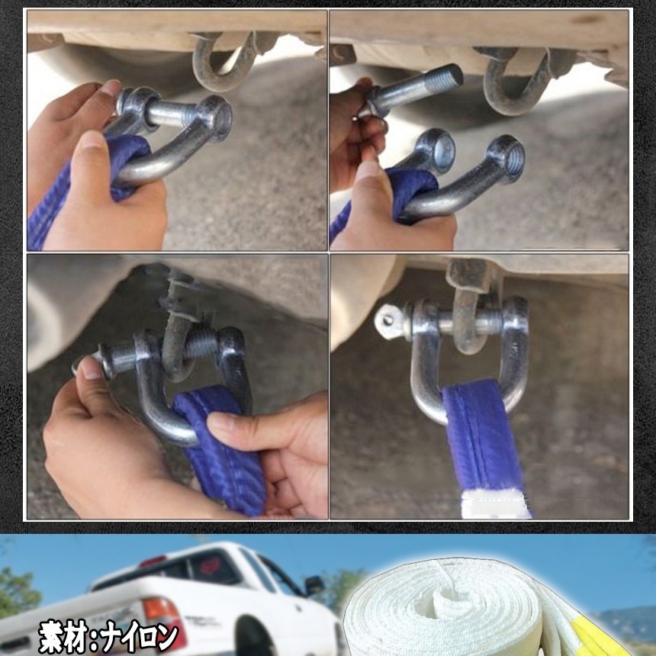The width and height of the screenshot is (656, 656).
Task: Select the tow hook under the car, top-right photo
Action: click(515, 80)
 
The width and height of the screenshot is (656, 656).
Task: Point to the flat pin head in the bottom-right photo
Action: click(389, 321)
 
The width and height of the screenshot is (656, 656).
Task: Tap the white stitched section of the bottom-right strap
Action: click(496, 504)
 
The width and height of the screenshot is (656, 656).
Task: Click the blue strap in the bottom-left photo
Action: click(221, 450)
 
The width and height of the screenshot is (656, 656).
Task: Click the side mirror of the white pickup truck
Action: click(314, 585)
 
